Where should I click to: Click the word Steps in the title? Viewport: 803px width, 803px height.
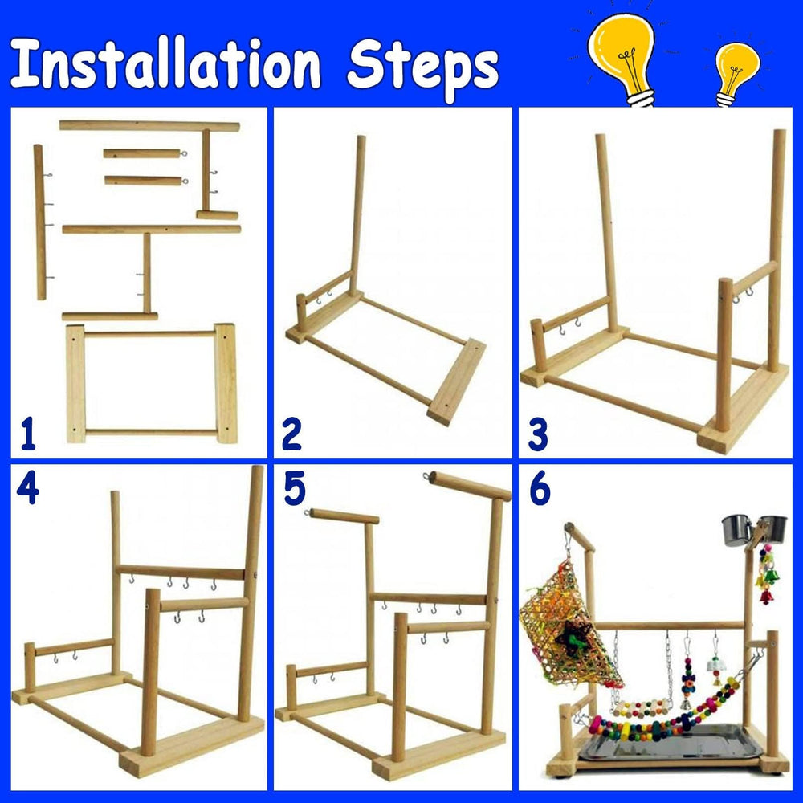(423, 69)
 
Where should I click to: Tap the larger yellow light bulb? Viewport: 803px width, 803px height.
(622, 56)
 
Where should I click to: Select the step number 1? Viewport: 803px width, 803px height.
(29, 434)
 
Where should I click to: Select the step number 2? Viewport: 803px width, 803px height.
(291, 434)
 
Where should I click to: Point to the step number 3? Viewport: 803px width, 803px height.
(538, 434)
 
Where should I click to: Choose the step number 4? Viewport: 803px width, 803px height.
(27, 488)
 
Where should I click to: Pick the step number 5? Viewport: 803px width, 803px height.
(295, 488)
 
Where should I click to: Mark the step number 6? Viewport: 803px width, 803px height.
(540, 488)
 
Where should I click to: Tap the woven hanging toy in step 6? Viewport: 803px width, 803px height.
(568, 627)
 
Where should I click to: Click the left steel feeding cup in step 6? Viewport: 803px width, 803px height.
(736, 530)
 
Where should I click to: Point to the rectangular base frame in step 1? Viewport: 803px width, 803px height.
(152, 383)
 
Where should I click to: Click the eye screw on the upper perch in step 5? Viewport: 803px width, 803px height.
(426, 477)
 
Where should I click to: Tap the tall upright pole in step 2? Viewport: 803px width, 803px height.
(357, 215)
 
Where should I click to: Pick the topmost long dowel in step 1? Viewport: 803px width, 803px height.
(149, 125)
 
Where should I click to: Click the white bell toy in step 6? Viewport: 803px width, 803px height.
(715, 665)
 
